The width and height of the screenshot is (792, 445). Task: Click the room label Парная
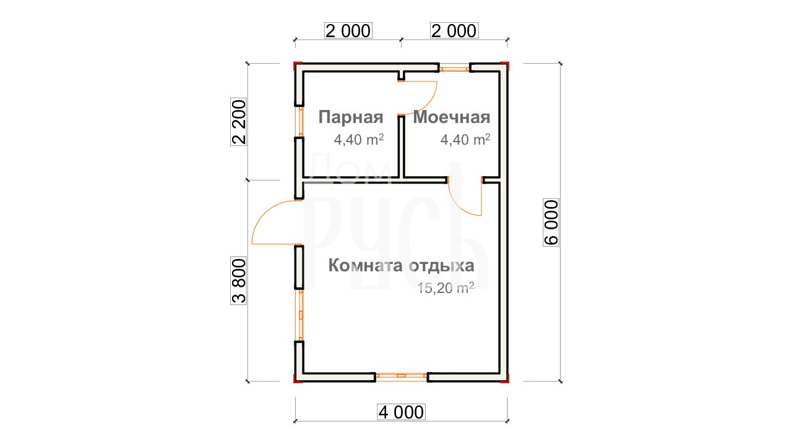351,117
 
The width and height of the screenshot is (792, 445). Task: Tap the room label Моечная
452,117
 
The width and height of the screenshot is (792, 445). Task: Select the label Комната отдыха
402,265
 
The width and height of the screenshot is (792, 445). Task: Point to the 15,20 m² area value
445,288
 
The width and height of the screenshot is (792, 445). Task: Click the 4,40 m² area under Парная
359,140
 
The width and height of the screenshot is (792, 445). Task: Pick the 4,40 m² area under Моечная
465,140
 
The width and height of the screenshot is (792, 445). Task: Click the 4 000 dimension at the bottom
401,412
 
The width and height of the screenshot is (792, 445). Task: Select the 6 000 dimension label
551,222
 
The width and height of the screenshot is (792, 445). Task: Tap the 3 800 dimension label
239,281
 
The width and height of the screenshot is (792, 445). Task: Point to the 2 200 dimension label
239,122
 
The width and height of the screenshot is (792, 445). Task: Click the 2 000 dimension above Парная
348,31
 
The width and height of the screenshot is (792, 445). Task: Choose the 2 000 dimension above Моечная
454,31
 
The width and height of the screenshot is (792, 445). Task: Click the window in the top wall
454,67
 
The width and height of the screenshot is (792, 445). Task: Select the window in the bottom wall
402,377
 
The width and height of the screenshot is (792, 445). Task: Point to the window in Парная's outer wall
299,122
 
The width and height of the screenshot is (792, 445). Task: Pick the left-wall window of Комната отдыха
299,315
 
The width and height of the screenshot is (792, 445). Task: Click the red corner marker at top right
505,66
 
